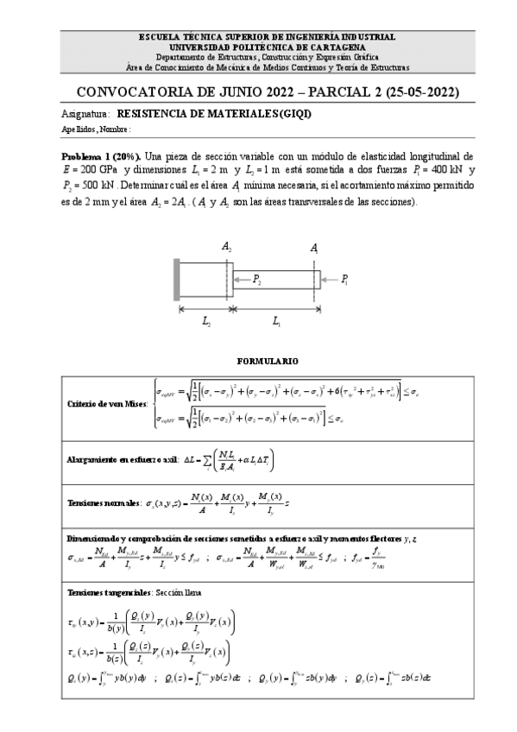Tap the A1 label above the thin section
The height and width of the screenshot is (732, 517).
[314, 248]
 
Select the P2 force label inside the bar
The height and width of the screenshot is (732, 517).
[258, 278]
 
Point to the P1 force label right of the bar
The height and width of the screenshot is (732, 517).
[345, 279]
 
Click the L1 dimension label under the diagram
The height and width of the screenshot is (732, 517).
[276, 322]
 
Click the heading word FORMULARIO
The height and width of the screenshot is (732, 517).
[258, 357]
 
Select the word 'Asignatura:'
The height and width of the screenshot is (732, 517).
[85, 113]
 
